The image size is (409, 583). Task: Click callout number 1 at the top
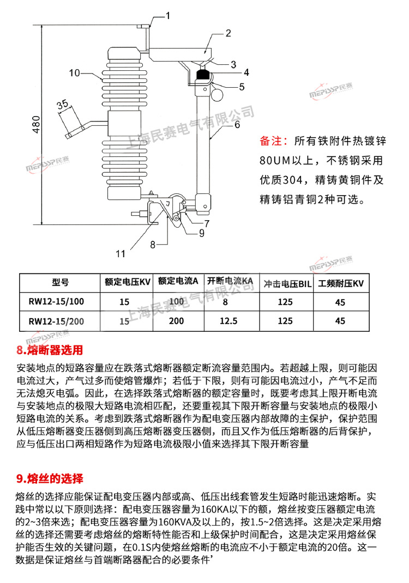(x=168, y=16)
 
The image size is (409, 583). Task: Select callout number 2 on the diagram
(x=228, y=33)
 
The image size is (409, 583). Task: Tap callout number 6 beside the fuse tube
(x=237, y=124)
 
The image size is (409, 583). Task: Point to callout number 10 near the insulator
(x=75, y=72)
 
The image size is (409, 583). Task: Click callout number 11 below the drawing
(x=120, y=253)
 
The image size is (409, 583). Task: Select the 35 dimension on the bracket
(x=63, y=104)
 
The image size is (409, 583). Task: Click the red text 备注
(x=273, y=142)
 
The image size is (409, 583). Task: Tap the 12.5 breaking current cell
(x=228, y=321)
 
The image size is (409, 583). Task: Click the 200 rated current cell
(x=176, y=321)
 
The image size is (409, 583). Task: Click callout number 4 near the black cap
(x=246, y=72)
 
